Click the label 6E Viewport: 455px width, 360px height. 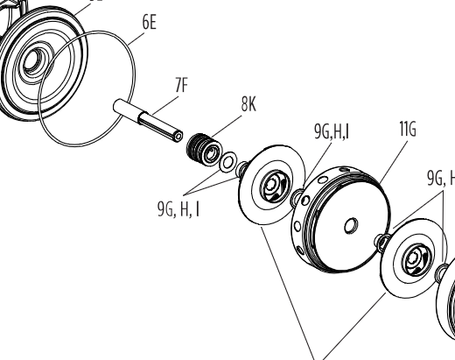150,22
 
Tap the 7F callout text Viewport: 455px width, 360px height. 182,85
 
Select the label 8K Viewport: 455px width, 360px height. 248,104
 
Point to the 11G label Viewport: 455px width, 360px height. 408,129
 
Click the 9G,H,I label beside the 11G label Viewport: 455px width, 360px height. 332,131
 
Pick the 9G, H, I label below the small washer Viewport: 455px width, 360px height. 178,208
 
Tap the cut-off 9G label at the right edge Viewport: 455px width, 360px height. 441,178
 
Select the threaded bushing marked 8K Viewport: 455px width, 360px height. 204,150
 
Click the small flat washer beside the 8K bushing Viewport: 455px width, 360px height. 227,162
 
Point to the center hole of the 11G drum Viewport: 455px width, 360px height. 351,226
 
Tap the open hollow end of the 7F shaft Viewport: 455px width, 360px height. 179,136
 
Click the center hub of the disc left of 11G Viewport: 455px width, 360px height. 274,186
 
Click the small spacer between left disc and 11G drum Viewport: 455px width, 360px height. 297,197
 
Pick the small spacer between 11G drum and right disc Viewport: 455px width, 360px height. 381,242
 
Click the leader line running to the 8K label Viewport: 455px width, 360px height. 227,126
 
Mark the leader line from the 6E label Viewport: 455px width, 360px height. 136,39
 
